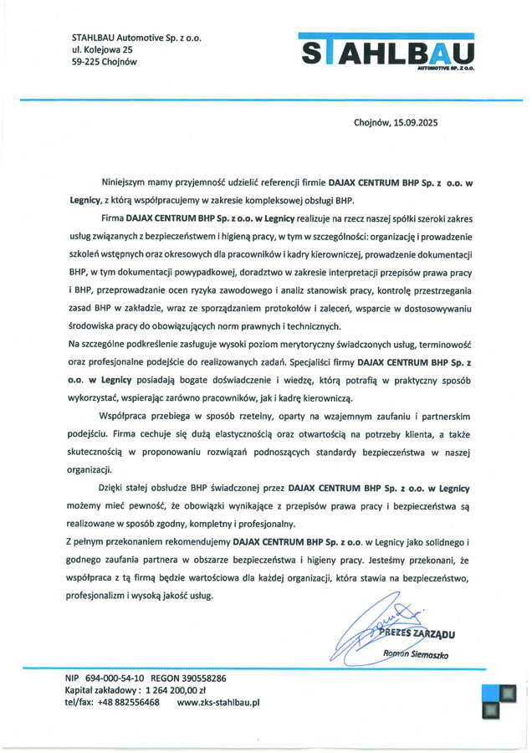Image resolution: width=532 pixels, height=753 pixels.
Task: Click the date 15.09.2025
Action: click(413, 122)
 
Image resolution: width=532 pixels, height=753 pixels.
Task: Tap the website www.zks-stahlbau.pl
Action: click(218, 703)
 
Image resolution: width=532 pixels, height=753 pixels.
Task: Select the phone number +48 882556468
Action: click(126, 703)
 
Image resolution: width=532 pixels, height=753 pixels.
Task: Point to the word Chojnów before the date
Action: click(371, 122)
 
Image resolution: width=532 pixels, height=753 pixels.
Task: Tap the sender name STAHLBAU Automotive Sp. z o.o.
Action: click(137, 38)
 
